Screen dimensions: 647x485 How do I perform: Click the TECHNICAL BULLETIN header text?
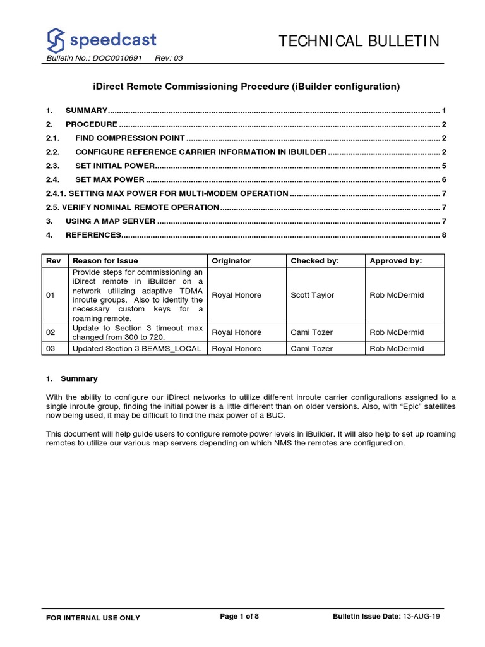359,42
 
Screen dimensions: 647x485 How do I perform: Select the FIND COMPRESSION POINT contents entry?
130,138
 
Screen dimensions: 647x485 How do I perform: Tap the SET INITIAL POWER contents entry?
115,166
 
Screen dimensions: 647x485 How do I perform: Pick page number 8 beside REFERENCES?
445,235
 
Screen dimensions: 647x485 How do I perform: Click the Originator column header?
231,260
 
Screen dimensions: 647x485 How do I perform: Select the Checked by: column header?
314,260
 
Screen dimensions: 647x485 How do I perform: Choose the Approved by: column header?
396,260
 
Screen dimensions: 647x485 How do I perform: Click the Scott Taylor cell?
313,295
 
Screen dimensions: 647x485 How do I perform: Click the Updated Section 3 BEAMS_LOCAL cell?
137,348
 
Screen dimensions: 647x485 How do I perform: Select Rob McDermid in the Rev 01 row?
397,295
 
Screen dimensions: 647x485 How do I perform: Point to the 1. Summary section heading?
72,378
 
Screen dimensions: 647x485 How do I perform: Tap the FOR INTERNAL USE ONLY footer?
93,618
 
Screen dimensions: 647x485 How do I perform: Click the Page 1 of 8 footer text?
239,617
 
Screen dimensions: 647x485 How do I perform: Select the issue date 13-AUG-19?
421,617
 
